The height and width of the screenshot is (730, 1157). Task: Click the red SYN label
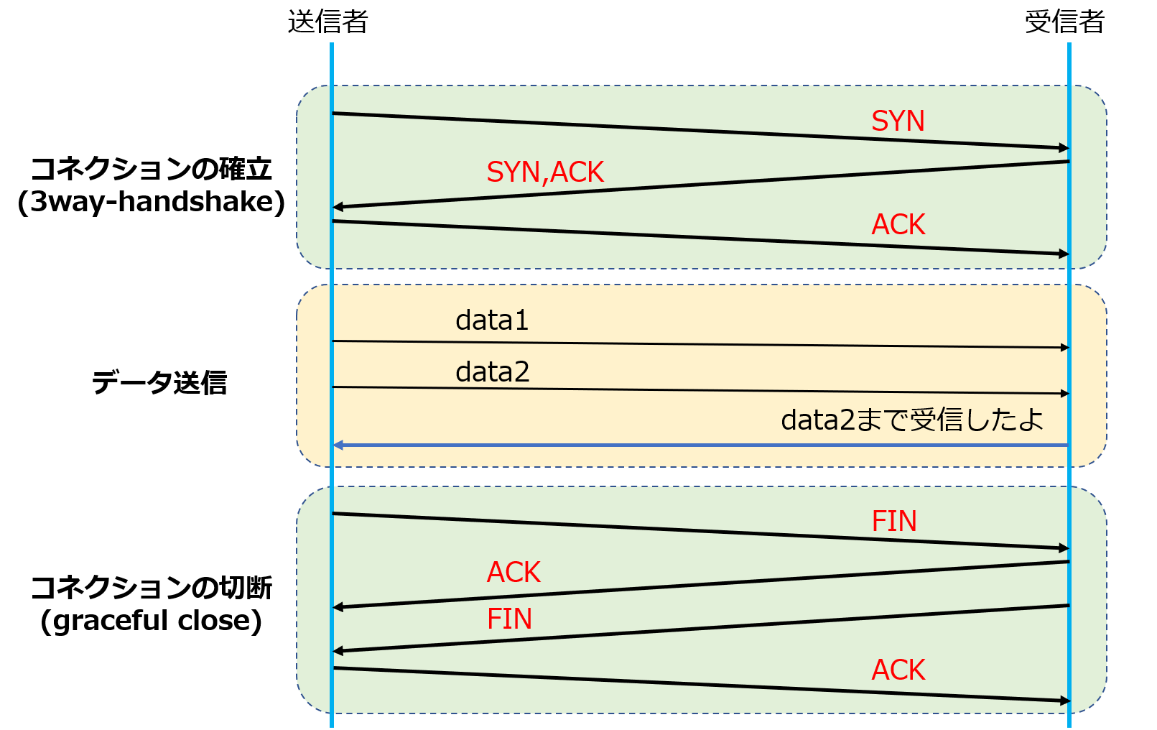(898, 121)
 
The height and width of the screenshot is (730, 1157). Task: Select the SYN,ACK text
(545, 172)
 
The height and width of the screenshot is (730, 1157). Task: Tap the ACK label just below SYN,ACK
(898, 225)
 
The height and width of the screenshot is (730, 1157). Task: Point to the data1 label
(492, 320)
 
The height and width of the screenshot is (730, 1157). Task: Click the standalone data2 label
(493, 372)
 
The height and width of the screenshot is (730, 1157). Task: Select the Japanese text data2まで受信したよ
(912, 420)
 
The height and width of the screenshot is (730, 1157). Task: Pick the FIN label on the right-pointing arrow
(894, 522)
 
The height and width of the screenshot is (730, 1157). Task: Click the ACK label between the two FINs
(514, 573)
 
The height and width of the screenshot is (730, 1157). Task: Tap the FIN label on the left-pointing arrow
(509, 619)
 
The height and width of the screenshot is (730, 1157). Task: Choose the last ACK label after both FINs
(898, 670)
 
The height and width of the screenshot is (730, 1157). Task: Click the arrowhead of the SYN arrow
(1064, 148)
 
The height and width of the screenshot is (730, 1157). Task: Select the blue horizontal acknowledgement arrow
(700, 445)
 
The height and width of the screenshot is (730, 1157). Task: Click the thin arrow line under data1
(700, 344)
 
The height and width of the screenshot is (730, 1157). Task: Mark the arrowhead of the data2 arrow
(1064, 393)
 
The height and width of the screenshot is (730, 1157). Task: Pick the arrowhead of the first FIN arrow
(1064, 548)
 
